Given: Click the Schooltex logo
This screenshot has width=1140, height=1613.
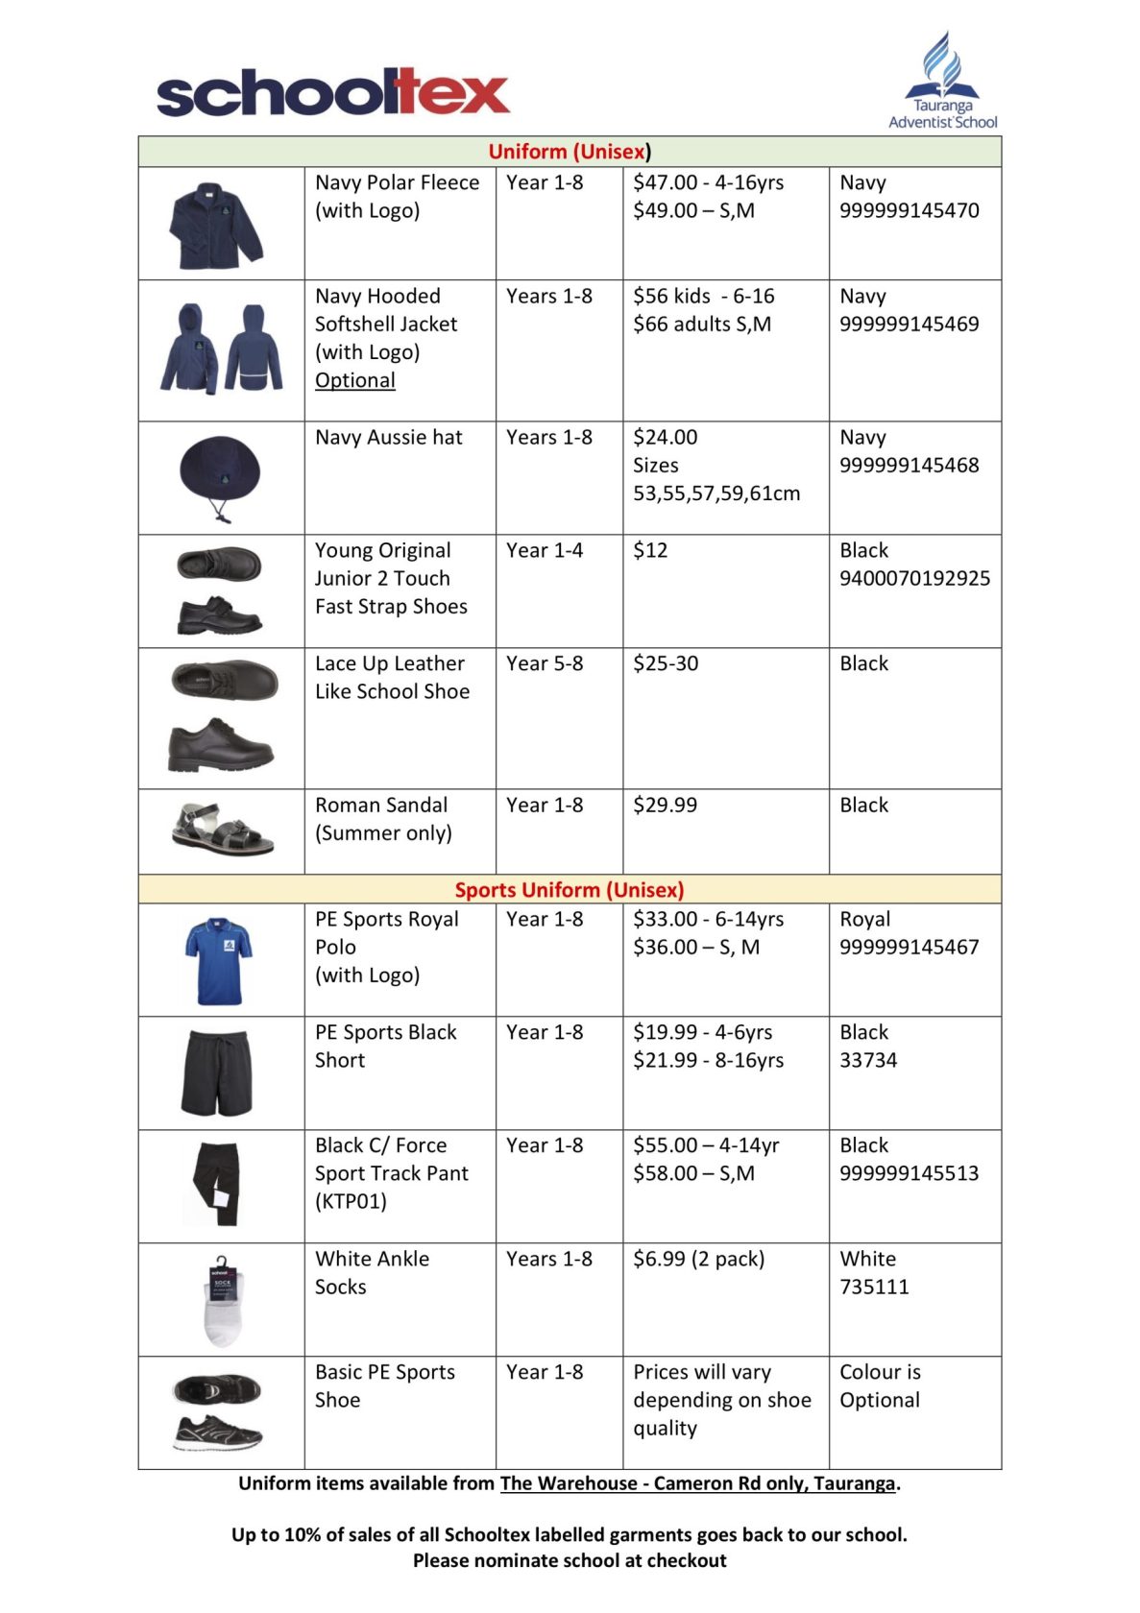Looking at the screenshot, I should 332,93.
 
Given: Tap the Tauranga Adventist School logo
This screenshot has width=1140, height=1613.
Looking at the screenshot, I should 943,81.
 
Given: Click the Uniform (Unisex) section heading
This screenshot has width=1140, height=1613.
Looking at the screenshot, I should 570,152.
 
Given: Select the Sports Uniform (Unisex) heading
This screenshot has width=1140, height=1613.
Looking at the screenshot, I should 570,889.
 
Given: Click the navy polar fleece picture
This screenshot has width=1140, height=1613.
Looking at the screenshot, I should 216,226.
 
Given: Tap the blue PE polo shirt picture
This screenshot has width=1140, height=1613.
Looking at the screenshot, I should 218,960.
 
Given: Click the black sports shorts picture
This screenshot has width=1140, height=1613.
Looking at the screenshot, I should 218,1073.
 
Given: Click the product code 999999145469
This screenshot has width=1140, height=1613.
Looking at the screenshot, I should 909,325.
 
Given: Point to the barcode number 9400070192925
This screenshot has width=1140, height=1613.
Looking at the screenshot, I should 914,578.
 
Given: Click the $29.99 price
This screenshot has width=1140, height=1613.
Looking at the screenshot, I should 665,805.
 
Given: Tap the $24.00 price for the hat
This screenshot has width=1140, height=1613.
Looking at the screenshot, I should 665,438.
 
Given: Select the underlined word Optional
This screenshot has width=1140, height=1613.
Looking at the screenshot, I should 355,380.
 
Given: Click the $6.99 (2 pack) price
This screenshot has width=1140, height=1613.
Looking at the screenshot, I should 698,1259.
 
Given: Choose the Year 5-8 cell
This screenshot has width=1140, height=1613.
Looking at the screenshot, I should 545,663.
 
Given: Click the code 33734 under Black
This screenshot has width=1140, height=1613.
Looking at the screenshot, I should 868,1060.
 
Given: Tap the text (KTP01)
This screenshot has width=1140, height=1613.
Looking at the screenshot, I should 351,1201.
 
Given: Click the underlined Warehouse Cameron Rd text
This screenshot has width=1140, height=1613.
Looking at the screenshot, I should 697,1483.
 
